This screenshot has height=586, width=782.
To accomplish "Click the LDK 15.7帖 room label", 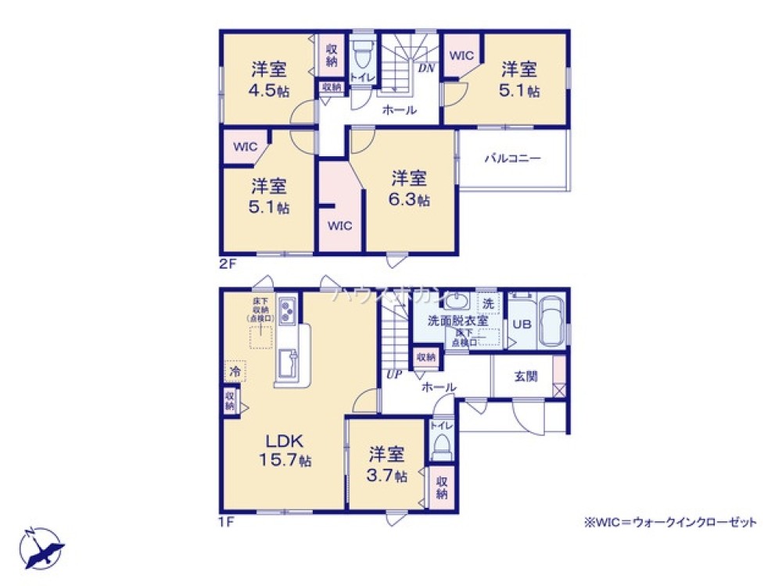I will point(285,450).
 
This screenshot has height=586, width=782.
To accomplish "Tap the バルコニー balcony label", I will point(512,158).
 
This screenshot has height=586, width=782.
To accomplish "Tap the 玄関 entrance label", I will point(526,376).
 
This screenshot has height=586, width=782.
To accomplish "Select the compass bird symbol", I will point(43,549).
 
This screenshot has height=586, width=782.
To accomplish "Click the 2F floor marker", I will point(228,264).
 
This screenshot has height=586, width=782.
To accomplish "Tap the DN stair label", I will point(426,68).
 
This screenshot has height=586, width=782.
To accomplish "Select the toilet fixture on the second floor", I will point(362,55).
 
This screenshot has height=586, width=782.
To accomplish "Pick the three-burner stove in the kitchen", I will point(285,311).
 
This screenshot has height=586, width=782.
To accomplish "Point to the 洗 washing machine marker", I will point(489,303).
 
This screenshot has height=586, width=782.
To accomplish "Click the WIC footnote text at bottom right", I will point(669,523).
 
